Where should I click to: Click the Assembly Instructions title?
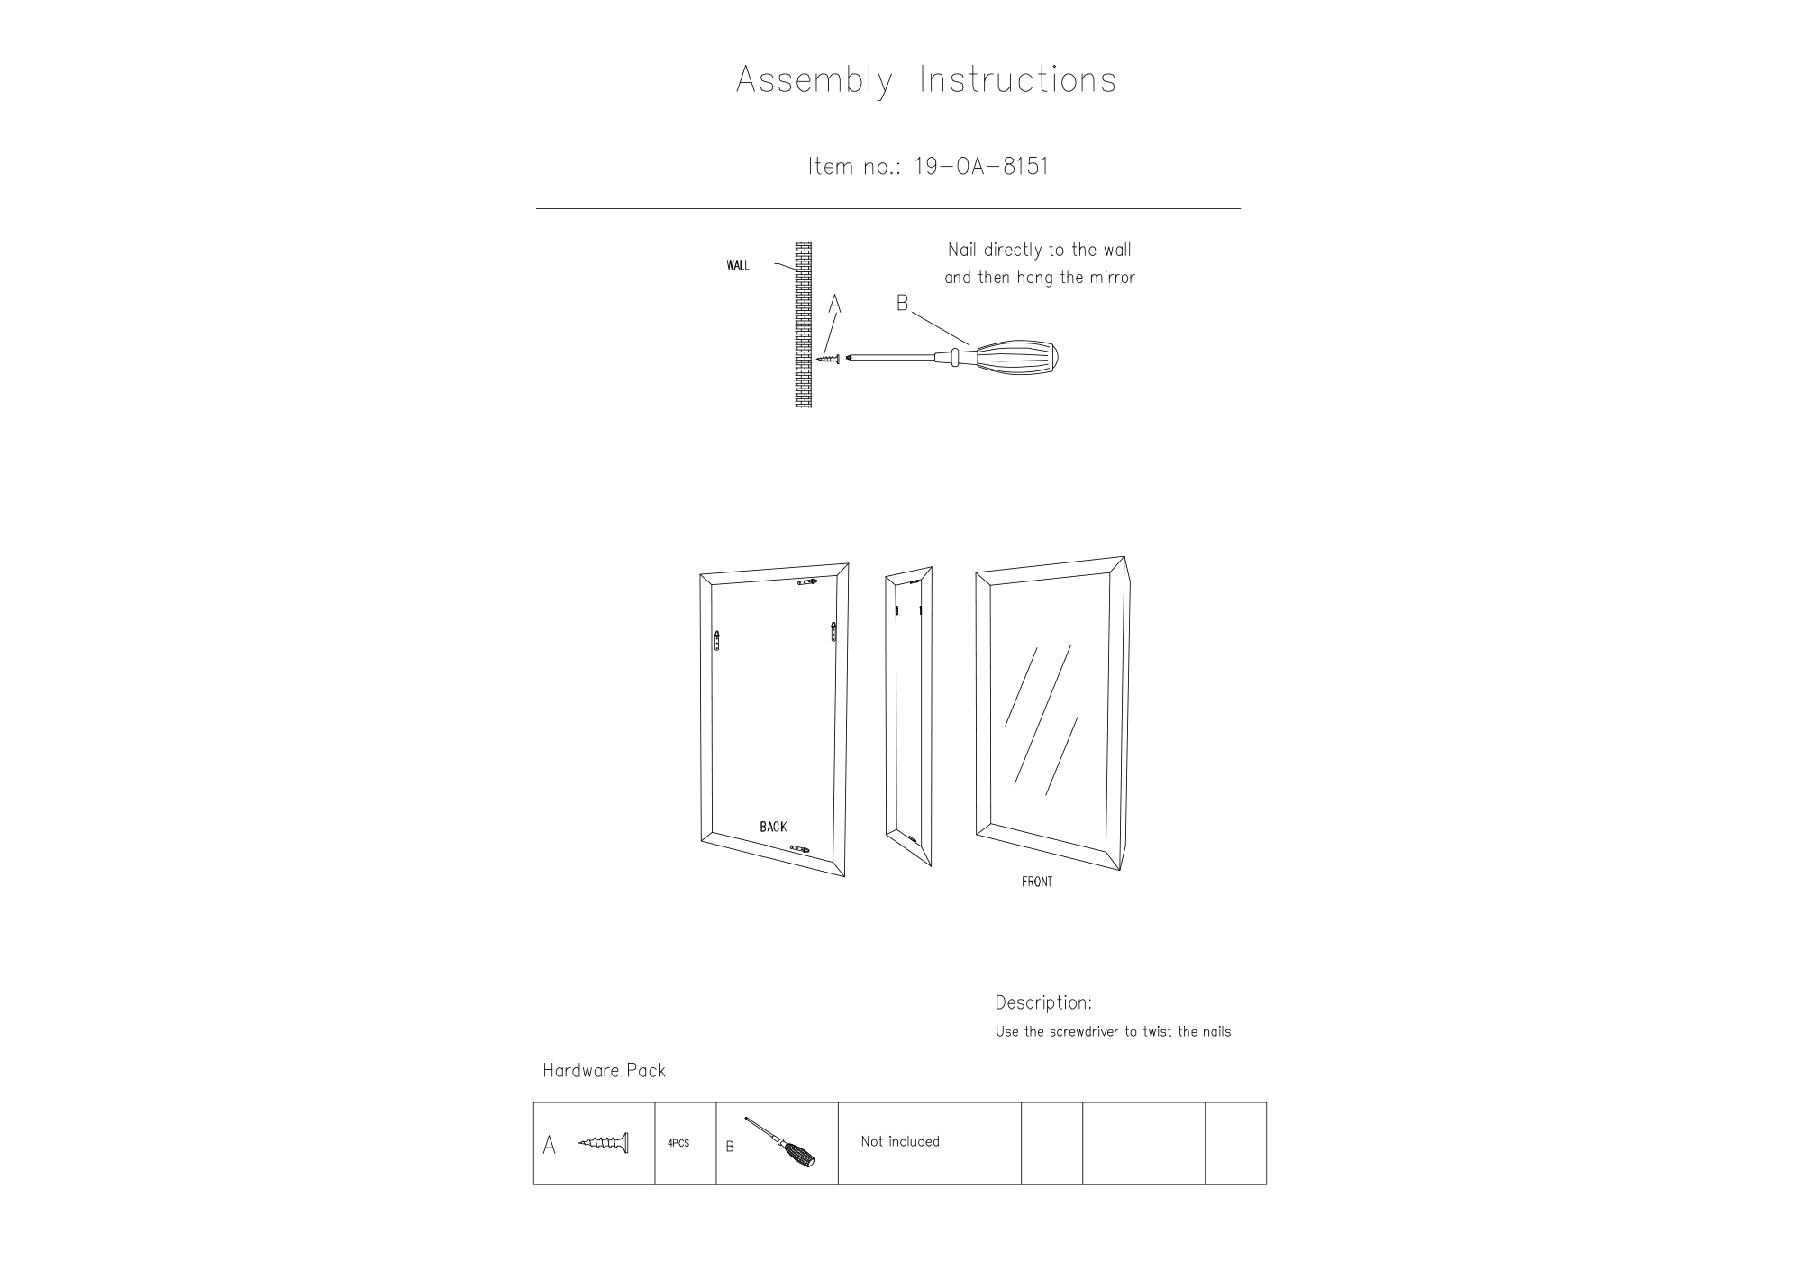pyautogui.click(x=926, y=80)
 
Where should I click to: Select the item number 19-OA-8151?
pyautogui.click(x=981, y=167)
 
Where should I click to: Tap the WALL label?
pyautogui.click(x=738, y=265)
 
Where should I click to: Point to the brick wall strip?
pyautogui.click(x=803, y=325)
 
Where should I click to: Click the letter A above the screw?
pyautogui.click(x=834, y=306)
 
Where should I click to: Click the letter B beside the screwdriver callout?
pyautogui.click(x=902, y=304)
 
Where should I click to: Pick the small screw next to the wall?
pyautogui.click(x=829, y=359)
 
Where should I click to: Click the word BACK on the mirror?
pyautogui.click(x=773, y=827)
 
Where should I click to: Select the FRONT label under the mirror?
pyautogui.click(x=1037, y=882)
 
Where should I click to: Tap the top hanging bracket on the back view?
pyautogui.click(x=808, y=583)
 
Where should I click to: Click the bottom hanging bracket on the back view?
pyautogui.click(x=799, y=848)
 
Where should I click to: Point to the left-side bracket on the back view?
pyautogui.click(x=717, y=641)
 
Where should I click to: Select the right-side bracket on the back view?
pyautogui.click(x=834, y=631)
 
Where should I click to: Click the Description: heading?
pyautogui.click(x=1043, y=1002)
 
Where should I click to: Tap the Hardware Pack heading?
pyautogui.click(x=604, y=1071)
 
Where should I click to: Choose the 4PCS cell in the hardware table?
pyautogui.click(x=678, y=1143)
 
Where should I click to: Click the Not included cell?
pyautogui.click(x=900, y=1141)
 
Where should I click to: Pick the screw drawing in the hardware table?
pyautogui.click(x=604, y=1143)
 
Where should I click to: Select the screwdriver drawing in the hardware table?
pyautogui.click(x=780, y=1142)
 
